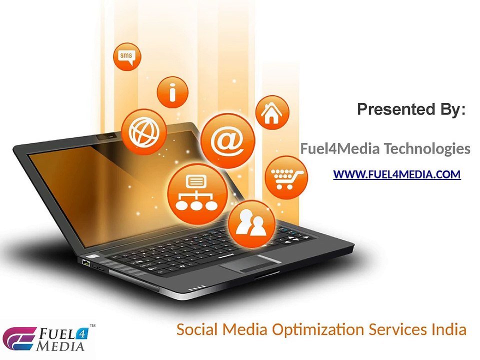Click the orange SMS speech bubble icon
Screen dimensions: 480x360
(127, 57)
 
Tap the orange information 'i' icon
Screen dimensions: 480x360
(172, 92)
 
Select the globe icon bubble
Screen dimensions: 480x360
(144, 132)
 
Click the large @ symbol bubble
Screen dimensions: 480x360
(228, 140)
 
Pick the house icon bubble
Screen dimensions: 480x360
(272, 112)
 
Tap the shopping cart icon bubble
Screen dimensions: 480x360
(286, 177)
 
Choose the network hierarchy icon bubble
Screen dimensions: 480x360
(197, 193)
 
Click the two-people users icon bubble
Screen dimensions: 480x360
(251, 224)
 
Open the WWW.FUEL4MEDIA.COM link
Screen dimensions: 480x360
(397, 174)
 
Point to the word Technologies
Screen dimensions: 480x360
(427, 149)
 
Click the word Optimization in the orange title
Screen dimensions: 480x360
(318, 330)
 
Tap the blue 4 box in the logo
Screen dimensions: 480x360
(81, 333)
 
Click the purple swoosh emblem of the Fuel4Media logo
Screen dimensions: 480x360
(19, 339)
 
